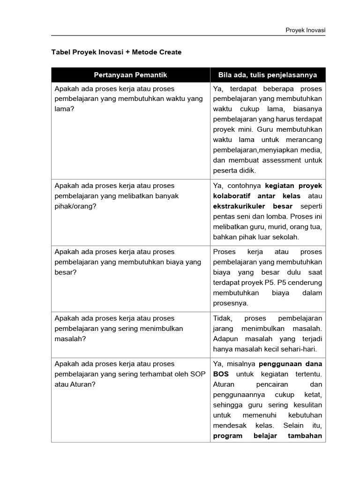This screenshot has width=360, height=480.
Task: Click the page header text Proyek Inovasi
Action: (x=305, y=30)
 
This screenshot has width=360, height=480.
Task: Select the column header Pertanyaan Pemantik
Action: (x=130, y=75)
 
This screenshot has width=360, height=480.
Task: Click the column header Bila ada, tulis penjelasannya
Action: (x=268, y=75)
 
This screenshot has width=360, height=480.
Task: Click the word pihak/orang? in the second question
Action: (x=75, y=206)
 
